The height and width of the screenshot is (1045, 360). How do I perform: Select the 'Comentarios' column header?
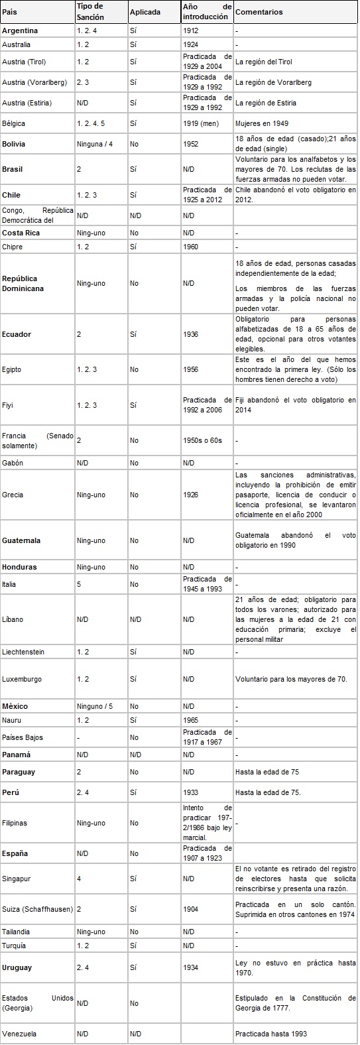(259, 12)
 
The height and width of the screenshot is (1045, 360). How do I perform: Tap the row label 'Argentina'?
(20, 31)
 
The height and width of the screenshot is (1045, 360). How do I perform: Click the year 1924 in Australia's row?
(190, 44)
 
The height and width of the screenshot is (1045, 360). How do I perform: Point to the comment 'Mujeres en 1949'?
(259, 123)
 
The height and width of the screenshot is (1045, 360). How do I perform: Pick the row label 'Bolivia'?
(14, 143)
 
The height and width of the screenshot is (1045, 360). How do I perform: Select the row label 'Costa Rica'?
(19, 233)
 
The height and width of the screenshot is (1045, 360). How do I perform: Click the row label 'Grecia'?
(13, 494)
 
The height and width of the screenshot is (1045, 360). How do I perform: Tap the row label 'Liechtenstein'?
(23, 652)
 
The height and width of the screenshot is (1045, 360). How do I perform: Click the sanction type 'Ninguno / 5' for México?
(95, 706)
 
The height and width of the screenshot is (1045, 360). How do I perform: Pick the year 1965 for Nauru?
(190, 719)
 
